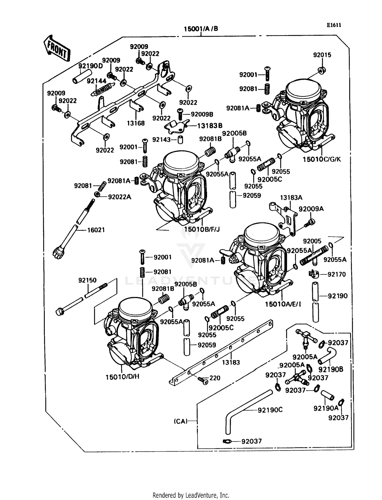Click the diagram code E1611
point(334,25)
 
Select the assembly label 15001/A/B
point(201,29)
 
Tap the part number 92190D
point(90,66)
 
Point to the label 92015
point(322,55)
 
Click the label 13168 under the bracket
point(136,123)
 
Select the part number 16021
point(96,230)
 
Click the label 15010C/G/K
point(321,160)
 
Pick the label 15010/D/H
point(122,377)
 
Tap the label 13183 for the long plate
point(231,362)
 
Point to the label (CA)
point(181,421)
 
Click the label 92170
point(336,274)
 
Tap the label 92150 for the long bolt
point(87,280)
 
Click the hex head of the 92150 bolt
point(60,312)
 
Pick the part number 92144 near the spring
point(97,81)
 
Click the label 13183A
point(291,198)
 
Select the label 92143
point(161,140)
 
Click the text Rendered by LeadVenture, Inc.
point(191,495)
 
